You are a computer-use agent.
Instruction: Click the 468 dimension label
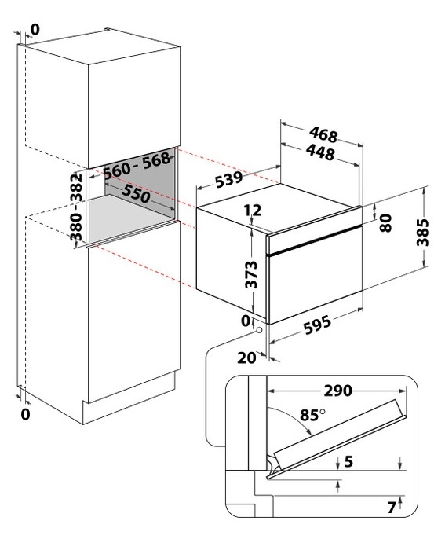(323, 134)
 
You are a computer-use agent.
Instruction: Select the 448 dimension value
(320, 152)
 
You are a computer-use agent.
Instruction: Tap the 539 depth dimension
(229, 179)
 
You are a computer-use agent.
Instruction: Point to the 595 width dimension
(317, 324)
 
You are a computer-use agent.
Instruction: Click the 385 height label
(423, 233)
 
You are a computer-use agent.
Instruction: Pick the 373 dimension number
(251, 274)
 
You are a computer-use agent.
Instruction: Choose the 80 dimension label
(386, 223)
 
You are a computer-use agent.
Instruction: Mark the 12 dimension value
(253, 210)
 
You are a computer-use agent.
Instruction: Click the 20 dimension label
(247, 357)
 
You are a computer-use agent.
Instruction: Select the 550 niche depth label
(136, 193)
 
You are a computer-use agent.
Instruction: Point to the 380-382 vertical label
(76, 207)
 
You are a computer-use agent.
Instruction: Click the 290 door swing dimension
(337, 390)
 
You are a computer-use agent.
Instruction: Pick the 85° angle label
(312, 415)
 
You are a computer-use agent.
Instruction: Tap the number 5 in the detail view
(348, 461)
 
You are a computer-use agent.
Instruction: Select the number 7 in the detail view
(392, 508)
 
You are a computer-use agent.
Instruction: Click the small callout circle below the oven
(259, 330)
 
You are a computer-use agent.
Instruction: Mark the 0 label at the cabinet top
(35, 30)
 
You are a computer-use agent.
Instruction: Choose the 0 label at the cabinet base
(25, 414)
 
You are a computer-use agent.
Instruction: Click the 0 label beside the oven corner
(246, 321)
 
